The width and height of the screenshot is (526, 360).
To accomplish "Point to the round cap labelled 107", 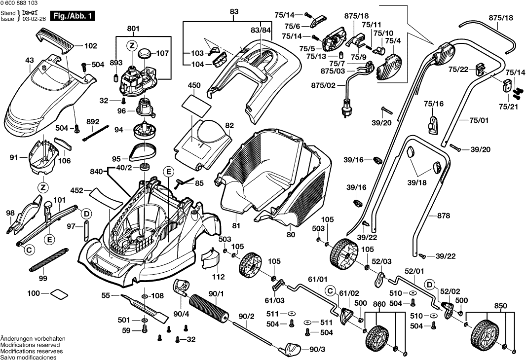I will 145,52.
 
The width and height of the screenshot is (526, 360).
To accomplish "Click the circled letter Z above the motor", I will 131,46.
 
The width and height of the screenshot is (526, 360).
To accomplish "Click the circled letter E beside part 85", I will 168,172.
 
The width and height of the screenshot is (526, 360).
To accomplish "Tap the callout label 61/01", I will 317,279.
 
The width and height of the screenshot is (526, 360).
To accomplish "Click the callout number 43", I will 29,61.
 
